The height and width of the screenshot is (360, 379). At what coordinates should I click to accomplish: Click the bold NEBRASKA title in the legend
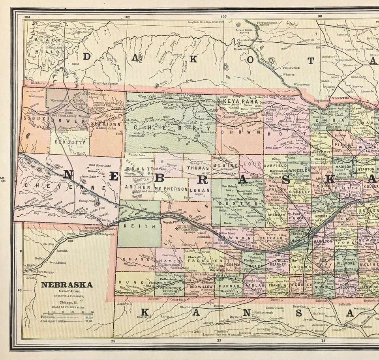(x=67, y=285)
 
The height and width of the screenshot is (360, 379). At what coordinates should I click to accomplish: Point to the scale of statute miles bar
(x=68, y=313)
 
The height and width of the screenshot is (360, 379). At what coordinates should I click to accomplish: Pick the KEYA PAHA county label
(x=240, y=101)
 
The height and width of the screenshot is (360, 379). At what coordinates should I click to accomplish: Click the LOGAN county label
(x=199, y=189)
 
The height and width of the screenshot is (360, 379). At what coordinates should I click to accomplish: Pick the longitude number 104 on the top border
(x=27, y=17)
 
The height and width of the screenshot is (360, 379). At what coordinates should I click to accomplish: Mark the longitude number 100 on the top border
(x=223, y=17)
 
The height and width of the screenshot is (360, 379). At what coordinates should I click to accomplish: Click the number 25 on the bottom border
(x=113, y=341)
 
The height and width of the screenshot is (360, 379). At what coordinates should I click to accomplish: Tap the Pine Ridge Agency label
(x=105, y=83)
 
